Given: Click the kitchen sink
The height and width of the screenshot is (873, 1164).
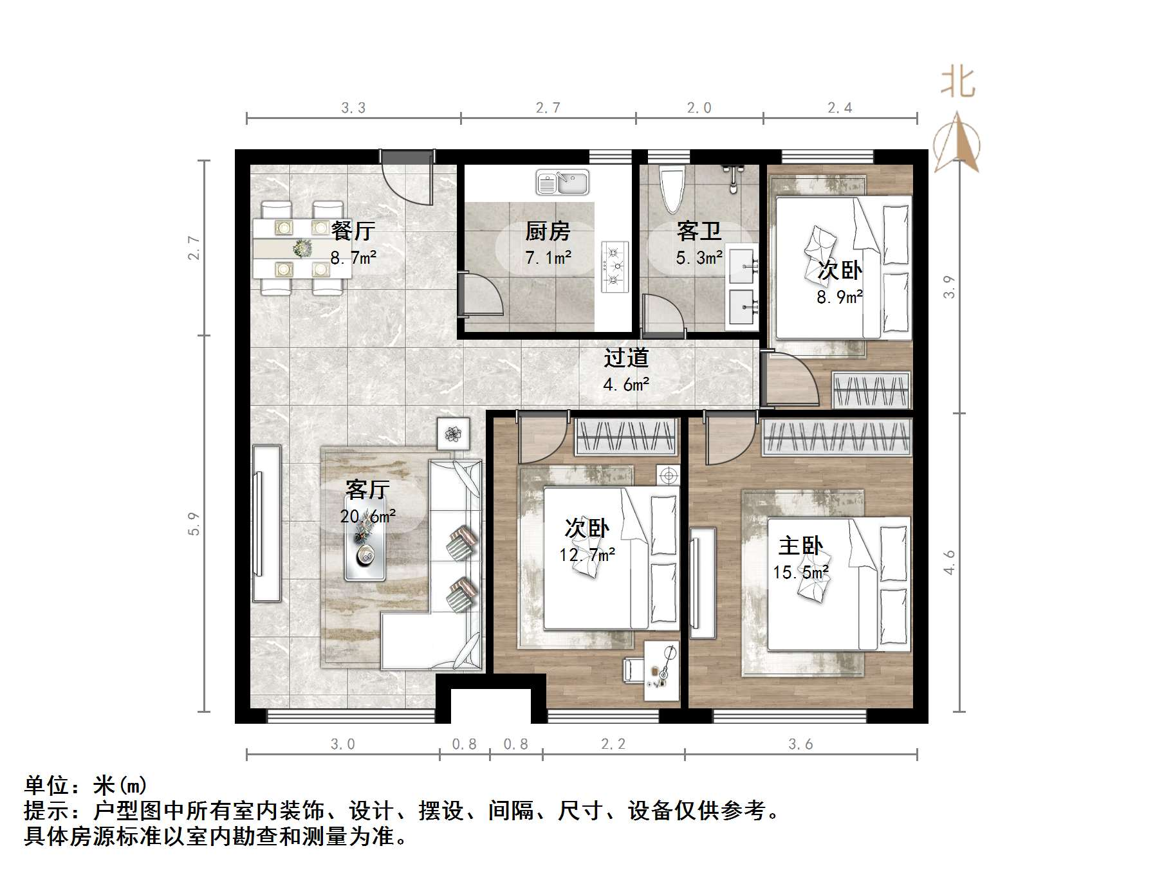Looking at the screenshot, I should pyautogui.click(x=562, y=183).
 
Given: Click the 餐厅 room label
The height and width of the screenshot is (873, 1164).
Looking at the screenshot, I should pyautogui.click(x=353, y=230).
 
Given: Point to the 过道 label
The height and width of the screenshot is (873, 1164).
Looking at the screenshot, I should pyautogui.click(x=625, y=358).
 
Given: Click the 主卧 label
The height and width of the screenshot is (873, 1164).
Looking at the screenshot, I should pyautogui.click(x=800, y=546).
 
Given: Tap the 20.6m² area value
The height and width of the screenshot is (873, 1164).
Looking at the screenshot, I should pyautogui.click(x=367, y=516).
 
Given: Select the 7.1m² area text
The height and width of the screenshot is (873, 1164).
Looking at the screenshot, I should pyautogui.click(x=548, y=258).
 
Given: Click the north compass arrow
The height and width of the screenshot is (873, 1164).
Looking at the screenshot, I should pyautogui.click(x=957, y=143).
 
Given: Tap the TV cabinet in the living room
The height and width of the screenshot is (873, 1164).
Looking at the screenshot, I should pyautogui.click(x=266, y=523).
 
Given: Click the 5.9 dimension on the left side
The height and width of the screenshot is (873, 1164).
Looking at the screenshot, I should pyautogui.click(x=194, y=524).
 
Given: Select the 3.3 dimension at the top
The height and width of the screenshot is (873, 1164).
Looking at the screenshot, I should pyautogui.click(x=353, y=108).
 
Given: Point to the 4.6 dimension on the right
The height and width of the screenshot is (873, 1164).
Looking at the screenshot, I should pyautogui.click(x=950, y=562).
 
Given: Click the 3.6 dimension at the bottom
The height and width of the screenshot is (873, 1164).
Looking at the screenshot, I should pyautogui.click(x=800, y=744).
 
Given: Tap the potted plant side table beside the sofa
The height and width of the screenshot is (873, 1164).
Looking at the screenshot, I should pyautogui.click(x=454, y=434).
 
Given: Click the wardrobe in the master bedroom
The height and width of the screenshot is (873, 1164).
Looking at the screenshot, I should pyautogui.click(x=837, y=437).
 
